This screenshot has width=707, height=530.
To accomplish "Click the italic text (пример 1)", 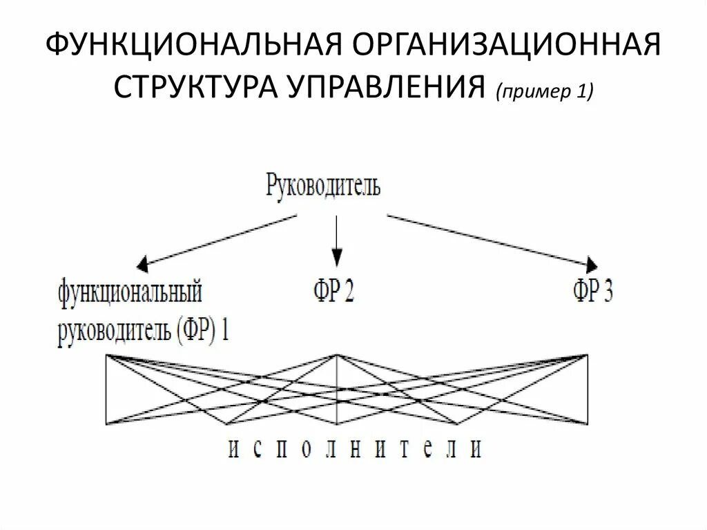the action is coord(543,93).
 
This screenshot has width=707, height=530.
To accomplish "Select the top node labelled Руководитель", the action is coord(323,186).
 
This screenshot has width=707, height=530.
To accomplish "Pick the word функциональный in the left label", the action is coord(130,292).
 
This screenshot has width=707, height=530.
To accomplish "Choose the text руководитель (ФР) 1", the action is coord(144,330).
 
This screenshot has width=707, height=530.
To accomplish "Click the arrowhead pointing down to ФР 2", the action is coord(336,260).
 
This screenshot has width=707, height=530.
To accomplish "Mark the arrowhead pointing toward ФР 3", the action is coord(592,264).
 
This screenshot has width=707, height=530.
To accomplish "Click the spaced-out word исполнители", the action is coord(354,449).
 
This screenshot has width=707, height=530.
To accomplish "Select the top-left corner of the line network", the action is coord(106,355).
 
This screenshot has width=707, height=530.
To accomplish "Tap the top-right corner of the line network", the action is coord(588,355).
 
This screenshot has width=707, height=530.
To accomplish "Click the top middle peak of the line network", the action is coord(337,355).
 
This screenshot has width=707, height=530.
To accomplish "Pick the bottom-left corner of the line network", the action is coord(106,424).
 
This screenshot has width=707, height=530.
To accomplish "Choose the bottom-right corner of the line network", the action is coord(588,424).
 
